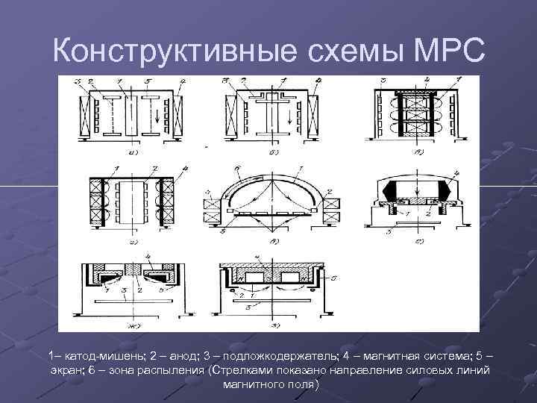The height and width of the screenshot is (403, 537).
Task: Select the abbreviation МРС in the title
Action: point(447,50)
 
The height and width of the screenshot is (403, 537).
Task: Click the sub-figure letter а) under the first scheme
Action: point(134,152)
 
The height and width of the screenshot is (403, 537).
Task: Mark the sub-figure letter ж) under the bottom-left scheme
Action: point(134,323)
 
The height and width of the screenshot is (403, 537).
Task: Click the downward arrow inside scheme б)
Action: point(287,118)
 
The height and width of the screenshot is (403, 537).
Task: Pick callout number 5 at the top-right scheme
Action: point(384,80)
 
